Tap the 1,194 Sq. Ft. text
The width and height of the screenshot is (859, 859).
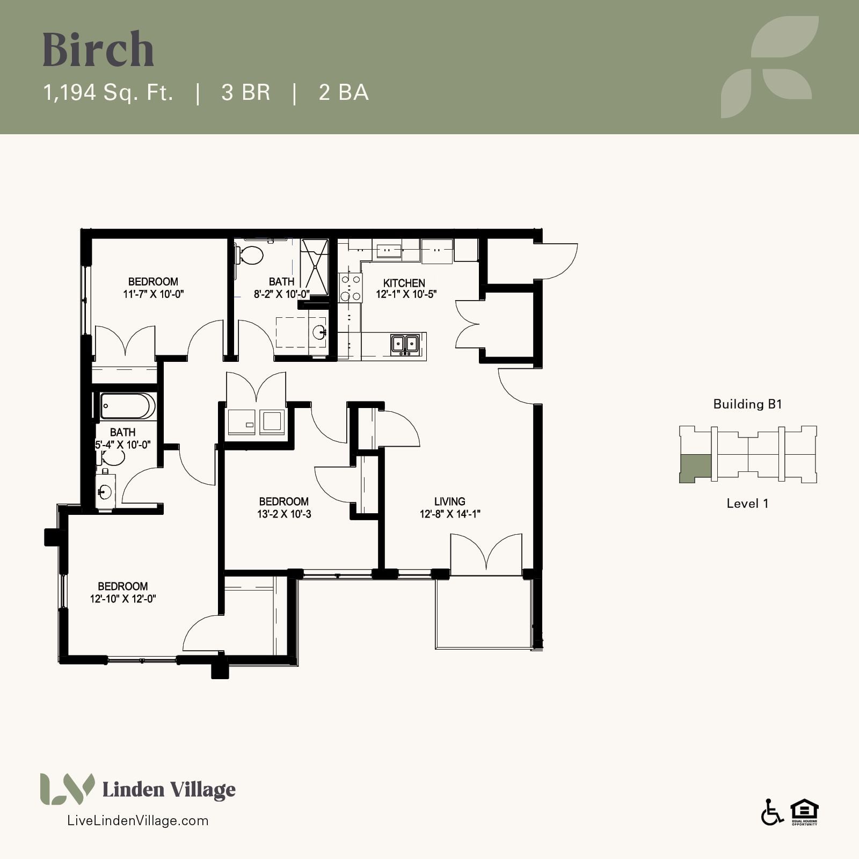click(x=108, y=92)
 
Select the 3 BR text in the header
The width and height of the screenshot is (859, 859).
click(x=245, y=92)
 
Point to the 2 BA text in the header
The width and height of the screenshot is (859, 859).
click(x=344, y=92)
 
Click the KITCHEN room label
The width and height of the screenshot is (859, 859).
click(x=404, y=283)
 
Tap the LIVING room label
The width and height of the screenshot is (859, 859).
click(x=450, y=501)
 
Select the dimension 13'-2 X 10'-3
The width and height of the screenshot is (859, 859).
click(x=284, y=514)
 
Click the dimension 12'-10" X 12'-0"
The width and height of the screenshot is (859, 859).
click(x=123, y=599)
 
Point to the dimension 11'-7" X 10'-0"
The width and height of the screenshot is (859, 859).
click(x=154, y=294)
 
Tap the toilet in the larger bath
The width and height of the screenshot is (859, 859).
click(x=250, y=254)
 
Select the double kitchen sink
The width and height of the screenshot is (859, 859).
click(x=405, y=344)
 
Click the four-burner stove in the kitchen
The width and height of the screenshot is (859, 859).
click(x=350, y=288)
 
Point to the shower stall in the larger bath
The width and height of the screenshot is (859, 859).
click(x=314, y=267)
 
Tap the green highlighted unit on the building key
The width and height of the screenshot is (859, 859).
click(x=695, y=468)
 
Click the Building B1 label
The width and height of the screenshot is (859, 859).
click(x=747, y=404)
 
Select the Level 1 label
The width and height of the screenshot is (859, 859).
click(x=747, y=504)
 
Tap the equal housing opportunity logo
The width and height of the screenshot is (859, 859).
click(x=804, y=812)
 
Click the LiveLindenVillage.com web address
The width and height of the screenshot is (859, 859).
click(x=137, y=820)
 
